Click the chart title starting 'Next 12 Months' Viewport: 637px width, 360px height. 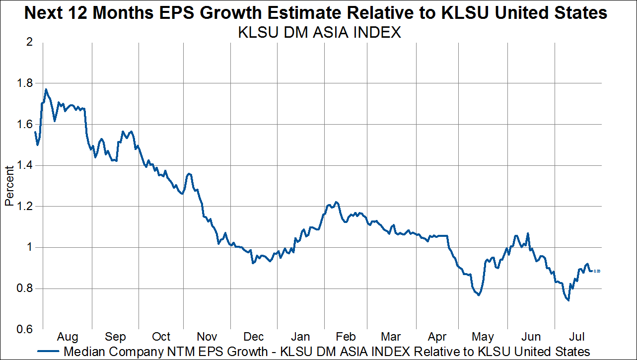tap(316, 13)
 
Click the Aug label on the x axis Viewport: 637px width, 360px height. tap(67, 337)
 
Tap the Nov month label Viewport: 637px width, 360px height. tap(207, 337)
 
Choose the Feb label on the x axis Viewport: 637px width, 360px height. tap(346, 337)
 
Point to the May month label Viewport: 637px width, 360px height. tap(483, 337)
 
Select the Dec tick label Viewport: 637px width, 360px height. tap(253, 337)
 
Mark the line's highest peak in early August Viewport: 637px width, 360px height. tap(46, 89)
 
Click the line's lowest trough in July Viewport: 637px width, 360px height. tap(568, 300)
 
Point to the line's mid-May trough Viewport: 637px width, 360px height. tap(479, 295)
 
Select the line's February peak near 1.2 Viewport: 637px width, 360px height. tap(336, 202)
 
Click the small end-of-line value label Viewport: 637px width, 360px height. tap(597, 271)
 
